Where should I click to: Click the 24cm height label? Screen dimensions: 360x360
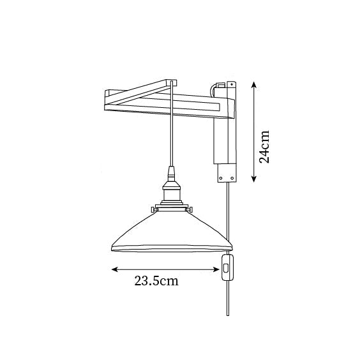[264, 147]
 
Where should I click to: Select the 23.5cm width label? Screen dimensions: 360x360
[156, 281]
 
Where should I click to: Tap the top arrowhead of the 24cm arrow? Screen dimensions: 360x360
[253, 84]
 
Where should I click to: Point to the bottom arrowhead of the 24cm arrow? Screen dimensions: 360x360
[253, 179]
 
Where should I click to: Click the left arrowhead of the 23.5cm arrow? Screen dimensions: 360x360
[114, 269]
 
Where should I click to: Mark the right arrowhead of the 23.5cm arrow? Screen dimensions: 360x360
[216, 269]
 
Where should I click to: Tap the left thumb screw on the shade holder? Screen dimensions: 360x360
[153, 209]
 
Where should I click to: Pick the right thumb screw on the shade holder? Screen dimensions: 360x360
[190, 209]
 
